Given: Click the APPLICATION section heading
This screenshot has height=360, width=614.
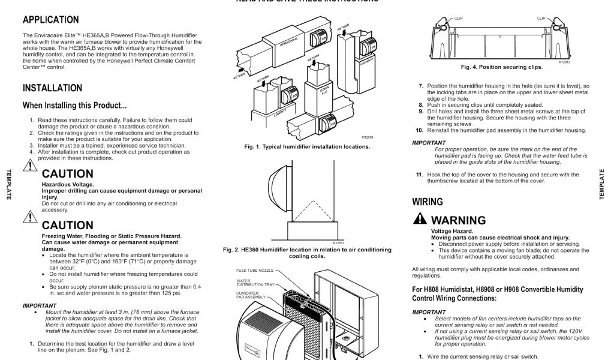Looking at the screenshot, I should [x=50, y=20].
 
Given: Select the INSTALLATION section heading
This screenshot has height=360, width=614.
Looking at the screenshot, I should [x=52, y=88].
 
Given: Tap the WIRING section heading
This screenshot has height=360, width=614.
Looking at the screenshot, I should [x=428, y=202].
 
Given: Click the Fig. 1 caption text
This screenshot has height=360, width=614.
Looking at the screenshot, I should [x=307, y=146].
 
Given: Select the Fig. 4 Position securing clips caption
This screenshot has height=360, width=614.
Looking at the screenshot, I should [x=501, y=67].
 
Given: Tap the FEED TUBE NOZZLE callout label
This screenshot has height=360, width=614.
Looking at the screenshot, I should [x=255, y=271].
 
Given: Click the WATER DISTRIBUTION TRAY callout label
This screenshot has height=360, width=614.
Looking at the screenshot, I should [x=256, y=282].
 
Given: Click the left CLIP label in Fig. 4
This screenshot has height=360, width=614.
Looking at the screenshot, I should [x=459, y=19].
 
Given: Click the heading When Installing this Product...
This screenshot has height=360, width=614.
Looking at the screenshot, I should [x=74, y=106].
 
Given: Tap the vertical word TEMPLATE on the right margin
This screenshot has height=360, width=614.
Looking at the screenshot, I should [x=601, y=185].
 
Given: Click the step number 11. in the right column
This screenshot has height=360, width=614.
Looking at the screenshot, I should [x=420, y=175].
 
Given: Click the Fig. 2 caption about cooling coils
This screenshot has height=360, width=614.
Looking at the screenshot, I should [x=307, y=253].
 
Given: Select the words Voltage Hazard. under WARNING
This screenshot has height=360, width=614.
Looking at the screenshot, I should [x=452, y=231].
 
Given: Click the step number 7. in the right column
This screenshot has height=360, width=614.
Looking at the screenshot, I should [x=421, y=86].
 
